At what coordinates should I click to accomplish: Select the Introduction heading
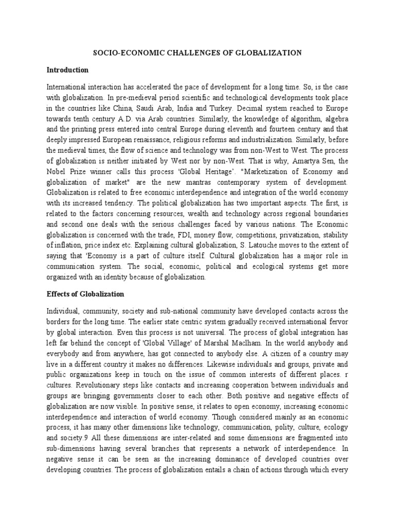point(67,69)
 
